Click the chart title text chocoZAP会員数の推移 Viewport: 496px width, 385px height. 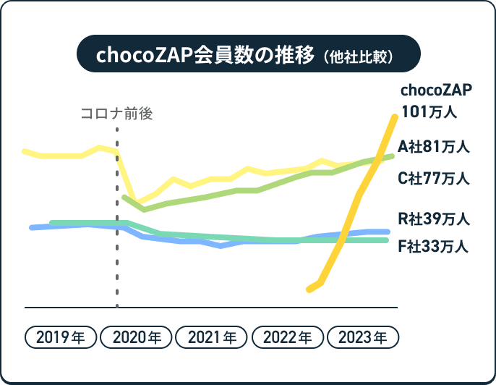coord(205,56)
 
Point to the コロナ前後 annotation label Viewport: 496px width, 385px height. coord(117,114)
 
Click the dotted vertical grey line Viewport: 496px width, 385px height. coord(117,217)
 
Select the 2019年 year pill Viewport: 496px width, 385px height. coord(60,337)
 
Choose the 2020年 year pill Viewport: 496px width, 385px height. coord(137,337)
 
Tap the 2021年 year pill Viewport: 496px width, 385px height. coord(212,337)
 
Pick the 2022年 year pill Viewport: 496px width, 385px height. coord(287,337)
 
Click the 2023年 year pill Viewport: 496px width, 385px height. coord(362,337)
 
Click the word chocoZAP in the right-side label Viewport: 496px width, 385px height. coord(436,90)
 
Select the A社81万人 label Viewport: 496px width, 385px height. coord(434,147)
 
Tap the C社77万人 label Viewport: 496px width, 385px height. coord(434,178)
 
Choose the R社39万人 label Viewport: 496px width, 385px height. coord(434,218)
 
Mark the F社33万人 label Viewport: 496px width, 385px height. coord(434,247)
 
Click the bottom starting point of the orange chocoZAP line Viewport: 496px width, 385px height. coord(309,289)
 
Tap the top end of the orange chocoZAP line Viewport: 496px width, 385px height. coord(395,117)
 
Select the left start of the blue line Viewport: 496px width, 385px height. coord(31,228)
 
